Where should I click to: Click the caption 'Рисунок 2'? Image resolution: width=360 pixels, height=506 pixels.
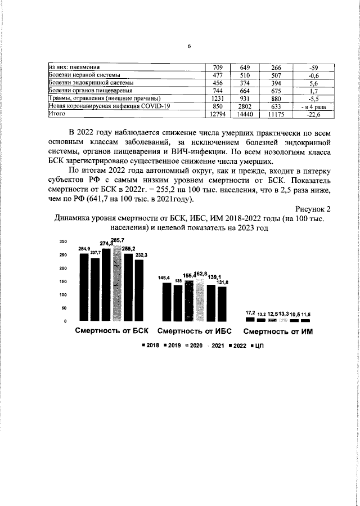[313, 209]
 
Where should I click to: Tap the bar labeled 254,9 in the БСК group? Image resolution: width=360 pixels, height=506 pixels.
[84, 287]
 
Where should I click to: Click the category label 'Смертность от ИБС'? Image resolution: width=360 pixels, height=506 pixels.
[195, 332]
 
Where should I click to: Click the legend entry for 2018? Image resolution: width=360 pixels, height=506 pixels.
[152, 346]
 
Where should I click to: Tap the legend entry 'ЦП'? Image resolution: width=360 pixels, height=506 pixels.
[259, 346]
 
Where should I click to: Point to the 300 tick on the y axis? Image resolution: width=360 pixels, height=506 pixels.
[64, 241]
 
